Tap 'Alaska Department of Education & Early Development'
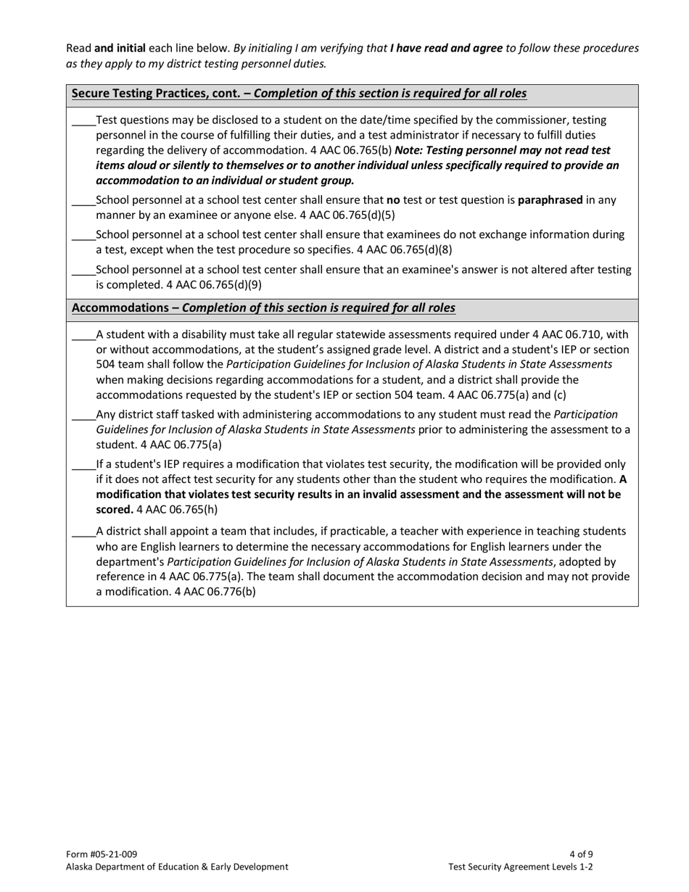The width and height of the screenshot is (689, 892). (x=177, y=867)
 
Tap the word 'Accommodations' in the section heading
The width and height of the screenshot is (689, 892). (x=120, y=308)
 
